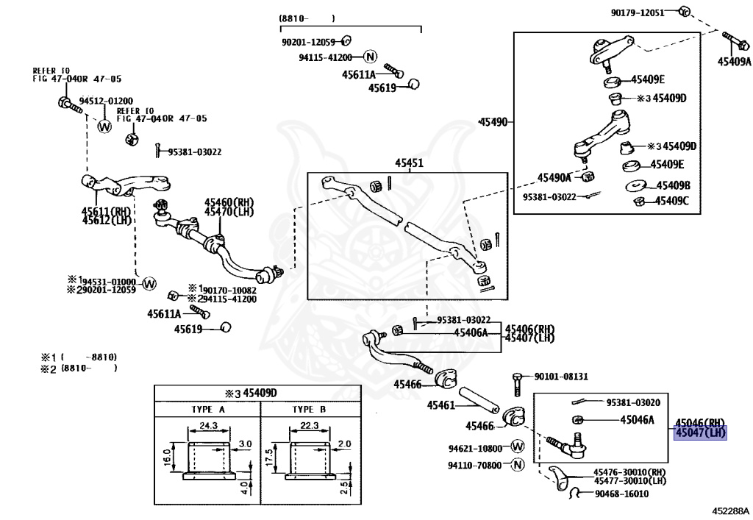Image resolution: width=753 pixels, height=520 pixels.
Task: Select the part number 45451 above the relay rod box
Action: (409, 164)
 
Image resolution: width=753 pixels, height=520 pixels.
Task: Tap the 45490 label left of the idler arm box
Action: (492, 121)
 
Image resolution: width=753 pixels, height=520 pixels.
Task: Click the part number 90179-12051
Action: (638, 12)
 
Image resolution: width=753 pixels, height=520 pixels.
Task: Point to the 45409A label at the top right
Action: (735, 62)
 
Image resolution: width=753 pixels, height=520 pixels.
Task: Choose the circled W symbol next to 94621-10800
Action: (517, 447)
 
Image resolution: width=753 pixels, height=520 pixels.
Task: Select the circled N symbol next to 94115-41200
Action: (370, 57)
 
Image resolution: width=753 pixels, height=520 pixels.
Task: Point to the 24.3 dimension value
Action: (209, 426)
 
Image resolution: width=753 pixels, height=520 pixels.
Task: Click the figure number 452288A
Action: (729, 510)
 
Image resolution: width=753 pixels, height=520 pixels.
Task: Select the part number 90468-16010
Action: (621, 494)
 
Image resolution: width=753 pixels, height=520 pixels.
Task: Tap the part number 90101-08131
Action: (561, 377)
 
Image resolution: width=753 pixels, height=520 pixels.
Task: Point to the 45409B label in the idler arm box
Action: (673, 185)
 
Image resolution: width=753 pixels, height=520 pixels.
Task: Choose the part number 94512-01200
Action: (106, 101)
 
